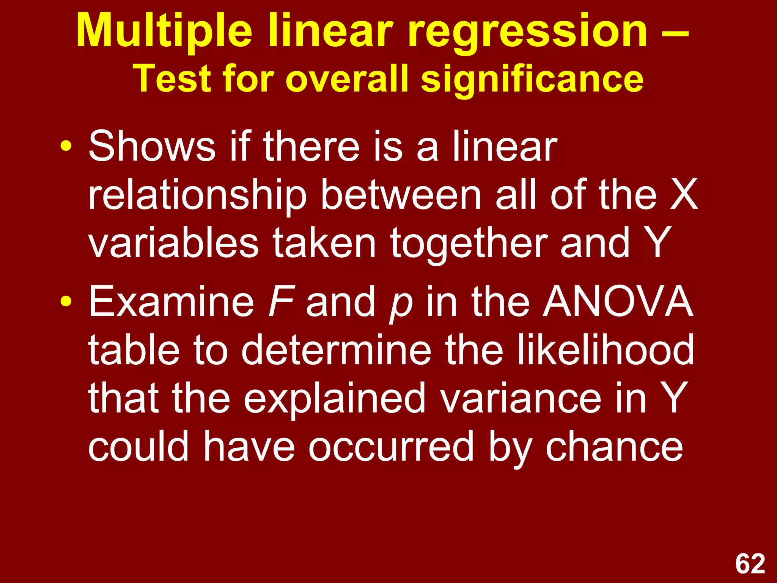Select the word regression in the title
[x=528, y=31]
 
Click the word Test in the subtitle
[x=173, y=79]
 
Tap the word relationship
[x=197, y=196]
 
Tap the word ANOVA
[x=618, y=301]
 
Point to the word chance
[x=614, y=447]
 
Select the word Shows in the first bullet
[x=152, y=147]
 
